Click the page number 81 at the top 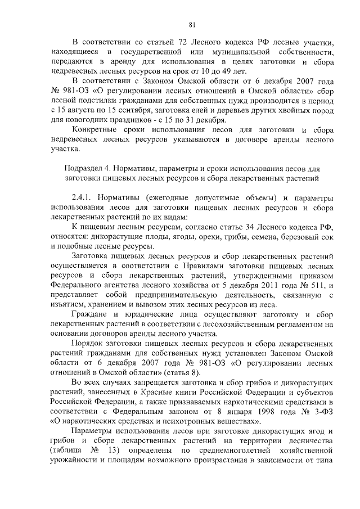192,24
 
